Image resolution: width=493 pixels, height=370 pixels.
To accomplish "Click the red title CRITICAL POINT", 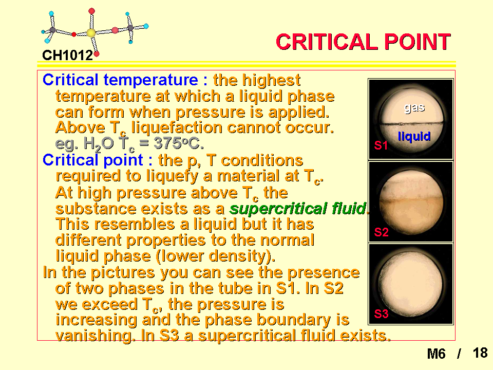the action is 363,42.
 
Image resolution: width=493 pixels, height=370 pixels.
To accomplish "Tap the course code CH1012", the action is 68,55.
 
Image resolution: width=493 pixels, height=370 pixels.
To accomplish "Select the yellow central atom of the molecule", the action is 91,33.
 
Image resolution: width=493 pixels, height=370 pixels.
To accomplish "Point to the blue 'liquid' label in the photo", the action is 414,137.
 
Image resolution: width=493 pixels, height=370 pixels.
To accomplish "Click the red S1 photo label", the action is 381,145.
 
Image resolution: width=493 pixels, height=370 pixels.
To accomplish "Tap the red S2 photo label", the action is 381,232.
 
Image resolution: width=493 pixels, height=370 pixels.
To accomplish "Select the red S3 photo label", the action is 381,313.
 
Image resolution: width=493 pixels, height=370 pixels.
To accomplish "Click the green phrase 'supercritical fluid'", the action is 298,209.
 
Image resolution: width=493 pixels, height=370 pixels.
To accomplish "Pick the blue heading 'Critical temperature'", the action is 120,80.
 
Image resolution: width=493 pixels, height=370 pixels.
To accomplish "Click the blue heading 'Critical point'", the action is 93,160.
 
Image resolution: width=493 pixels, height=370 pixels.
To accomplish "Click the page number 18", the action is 480,353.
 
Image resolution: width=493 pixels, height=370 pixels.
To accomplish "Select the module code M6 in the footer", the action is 436,354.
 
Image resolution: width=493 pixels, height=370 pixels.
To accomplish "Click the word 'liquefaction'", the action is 177,128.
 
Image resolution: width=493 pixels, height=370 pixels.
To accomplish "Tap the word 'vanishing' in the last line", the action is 93,336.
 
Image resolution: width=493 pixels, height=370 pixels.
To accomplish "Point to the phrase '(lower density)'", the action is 215,256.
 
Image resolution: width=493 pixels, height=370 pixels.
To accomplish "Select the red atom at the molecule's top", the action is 91,11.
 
